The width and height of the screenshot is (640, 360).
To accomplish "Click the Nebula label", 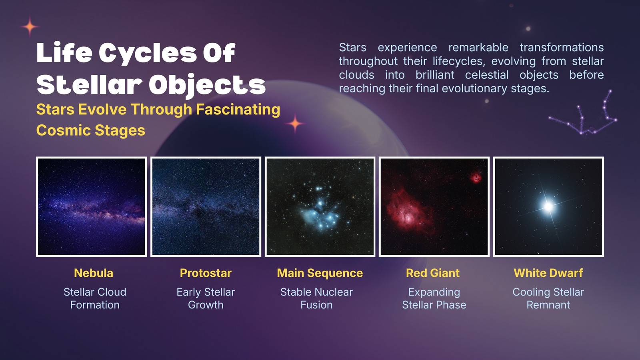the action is coord(94,273).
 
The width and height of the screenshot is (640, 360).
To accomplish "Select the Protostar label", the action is coord(206,273).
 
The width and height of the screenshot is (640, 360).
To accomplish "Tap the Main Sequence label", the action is coord(320,273).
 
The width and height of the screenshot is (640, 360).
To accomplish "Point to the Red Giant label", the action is coord(433,273).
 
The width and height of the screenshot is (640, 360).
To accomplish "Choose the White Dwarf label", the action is coord(548,273).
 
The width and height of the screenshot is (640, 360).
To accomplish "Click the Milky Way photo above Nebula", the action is coord(92,206).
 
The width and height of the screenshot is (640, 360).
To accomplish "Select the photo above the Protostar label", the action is coord(206,206).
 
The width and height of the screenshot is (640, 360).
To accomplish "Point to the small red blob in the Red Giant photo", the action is coord(476,178).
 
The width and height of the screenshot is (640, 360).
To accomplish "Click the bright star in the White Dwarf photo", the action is coord(548,206).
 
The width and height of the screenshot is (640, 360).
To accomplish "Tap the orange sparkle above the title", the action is coord(30,26).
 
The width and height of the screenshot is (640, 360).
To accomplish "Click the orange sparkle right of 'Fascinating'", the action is coord(295,124).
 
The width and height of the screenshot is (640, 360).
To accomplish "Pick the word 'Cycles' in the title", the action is coord(148,53).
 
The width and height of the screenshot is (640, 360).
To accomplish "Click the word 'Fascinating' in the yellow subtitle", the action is coord(238,110).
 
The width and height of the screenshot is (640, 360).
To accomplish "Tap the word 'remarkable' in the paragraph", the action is coord(478,48).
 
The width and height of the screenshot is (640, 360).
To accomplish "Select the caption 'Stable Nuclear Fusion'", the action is coord(316,298).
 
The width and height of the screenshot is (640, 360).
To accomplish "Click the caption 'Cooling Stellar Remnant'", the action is coord(548,298).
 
